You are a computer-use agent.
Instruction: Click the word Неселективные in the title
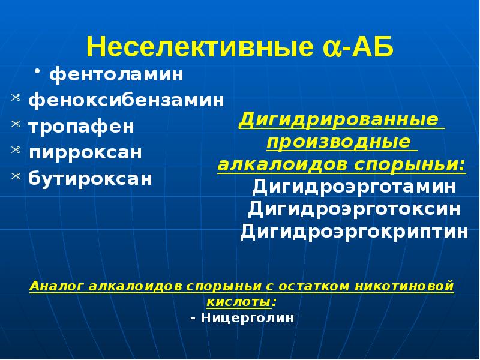[199, 47]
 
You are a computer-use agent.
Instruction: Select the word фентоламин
[116, 75]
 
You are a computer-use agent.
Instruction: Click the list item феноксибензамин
[126, 100]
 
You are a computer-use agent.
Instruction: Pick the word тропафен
[81, 127]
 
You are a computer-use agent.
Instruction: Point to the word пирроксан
[85, 152]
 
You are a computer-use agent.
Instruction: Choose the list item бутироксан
[90, 179]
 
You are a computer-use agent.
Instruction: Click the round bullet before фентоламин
[37, 73]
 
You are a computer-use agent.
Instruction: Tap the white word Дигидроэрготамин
[354, 187]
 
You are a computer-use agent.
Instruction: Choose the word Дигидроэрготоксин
[355, 209]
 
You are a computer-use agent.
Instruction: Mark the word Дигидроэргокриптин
[355, 232]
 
